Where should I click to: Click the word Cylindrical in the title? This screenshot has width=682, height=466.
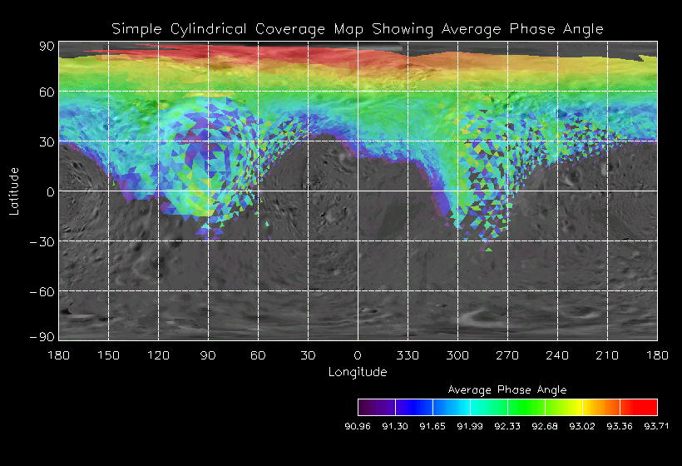tap(204, 30)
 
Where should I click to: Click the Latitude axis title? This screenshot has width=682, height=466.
tap(14, 191)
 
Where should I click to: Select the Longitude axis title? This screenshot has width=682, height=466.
tap(358, 372)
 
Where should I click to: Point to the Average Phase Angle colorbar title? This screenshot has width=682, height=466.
tap(507, 389)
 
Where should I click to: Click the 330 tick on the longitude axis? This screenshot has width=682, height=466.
tap(408, 355)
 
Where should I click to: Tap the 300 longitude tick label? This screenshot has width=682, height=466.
tap(457, 355)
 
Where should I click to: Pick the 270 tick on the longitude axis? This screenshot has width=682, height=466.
tap(507, 355)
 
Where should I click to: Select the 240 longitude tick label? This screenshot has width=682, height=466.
tap(557, 355)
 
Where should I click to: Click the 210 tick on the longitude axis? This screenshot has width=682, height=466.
tap(607, 355)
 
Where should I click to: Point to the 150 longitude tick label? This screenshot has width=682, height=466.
tap(108, 355)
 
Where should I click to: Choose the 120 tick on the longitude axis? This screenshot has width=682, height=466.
tap(158, 355)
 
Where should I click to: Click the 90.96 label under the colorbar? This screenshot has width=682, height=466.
tap(358, 426)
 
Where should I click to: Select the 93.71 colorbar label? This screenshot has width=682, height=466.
tap(657, 426)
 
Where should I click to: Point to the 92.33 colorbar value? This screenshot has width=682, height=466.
tap(507, 426)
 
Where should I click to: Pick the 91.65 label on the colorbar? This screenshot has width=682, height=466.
tap(432, 426)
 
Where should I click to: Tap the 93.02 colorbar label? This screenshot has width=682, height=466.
tap(582, 426)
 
